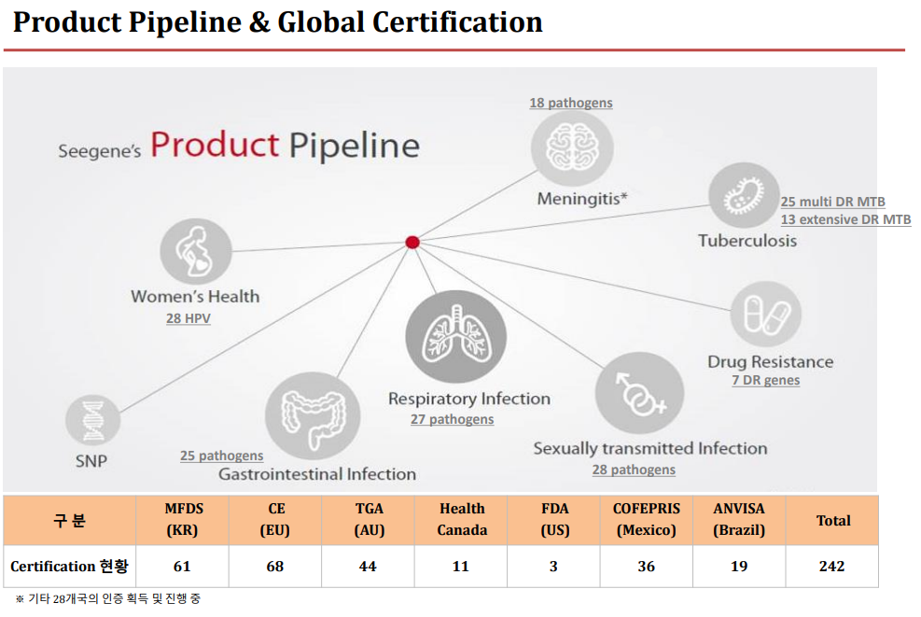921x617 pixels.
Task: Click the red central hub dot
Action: pos(412,242)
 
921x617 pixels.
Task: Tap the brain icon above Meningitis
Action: pos(572,148)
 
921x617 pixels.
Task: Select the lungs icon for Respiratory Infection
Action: pos(455,336)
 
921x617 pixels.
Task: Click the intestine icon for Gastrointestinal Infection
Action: pos(313,416)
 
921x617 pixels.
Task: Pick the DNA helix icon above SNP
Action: pos(92,421)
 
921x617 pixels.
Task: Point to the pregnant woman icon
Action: pos(196,251)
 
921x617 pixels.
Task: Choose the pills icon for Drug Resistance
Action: pos(766,314)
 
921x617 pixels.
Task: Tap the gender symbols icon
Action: pos(639,393)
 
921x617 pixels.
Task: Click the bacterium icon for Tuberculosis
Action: pos(745,195)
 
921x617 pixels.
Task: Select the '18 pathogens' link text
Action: pos(571,103)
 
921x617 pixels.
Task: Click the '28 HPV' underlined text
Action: pos(188,318)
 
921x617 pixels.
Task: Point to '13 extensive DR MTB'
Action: pos(845,219)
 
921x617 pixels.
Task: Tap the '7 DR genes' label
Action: pos(765,380)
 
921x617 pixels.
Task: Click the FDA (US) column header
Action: pos(554,519)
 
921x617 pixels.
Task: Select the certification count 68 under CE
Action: pos(275,567)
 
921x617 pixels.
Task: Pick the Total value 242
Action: pos(831,567)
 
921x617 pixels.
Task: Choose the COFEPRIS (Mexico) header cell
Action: pos(646,519)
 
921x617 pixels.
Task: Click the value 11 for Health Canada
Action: pos(461,567)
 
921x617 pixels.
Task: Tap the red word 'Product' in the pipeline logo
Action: pos(215,145)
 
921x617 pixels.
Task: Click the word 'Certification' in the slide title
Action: pos(457,22)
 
